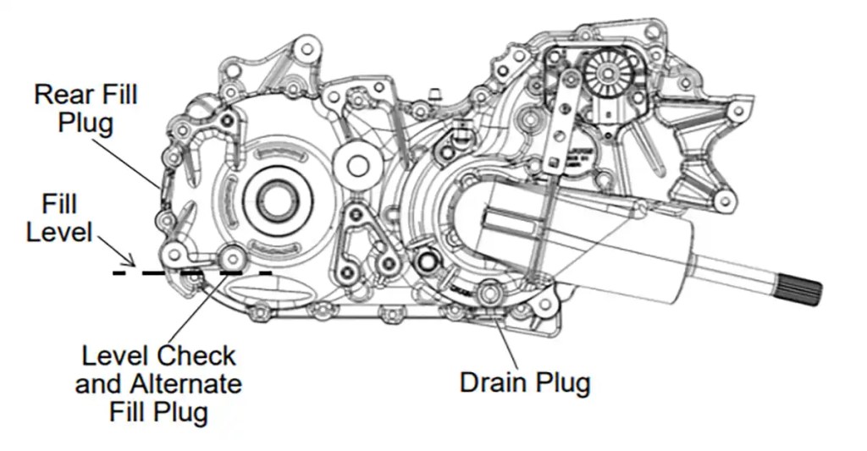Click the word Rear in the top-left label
[57, 94]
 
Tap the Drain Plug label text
[525, 382]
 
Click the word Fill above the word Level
[59, 204]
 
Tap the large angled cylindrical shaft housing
[584, 245]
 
